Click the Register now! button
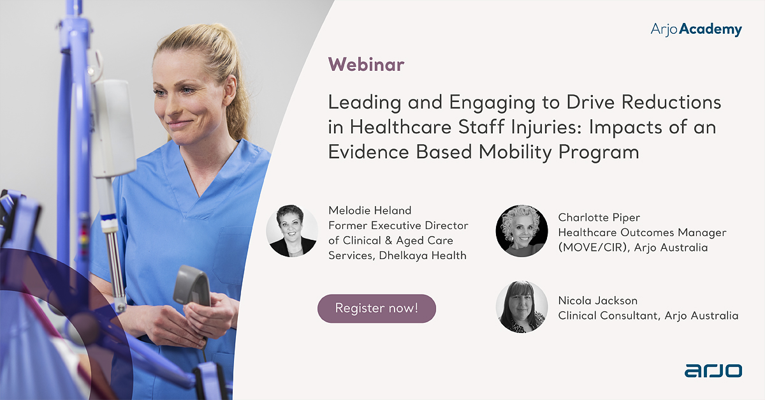pos(376,308)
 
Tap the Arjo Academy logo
pos(696,29)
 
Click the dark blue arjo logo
pos(713,371)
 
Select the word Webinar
pos(366,64)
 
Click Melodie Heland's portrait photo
pos(292,230)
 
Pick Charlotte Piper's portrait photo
pos(521,230)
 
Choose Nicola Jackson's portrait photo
pos(521,307)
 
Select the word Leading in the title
pos(364,102)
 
